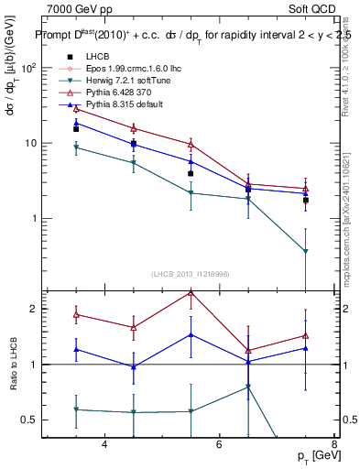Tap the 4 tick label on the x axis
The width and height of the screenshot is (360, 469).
(x=104, y=444)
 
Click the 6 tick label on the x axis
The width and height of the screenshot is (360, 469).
(x=219, y=444)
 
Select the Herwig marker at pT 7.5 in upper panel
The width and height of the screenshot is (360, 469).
(x=305, y=251)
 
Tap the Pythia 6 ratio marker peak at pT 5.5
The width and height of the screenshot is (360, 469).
(x=191, y=292)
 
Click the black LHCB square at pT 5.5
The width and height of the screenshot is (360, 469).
(x=191, y=173)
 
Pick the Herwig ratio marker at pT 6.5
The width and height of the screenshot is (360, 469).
(x=248, y=387)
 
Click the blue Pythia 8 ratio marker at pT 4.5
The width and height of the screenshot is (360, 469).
(x=134, y=366)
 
